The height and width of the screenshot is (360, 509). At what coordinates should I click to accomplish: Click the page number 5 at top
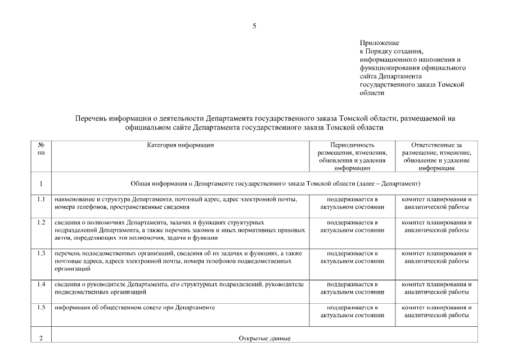[x=254, y=26]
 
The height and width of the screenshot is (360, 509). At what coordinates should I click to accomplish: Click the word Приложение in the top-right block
[x=379, y=43]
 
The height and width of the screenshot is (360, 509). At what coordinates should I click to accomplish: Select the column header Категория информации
[x=181, y=145]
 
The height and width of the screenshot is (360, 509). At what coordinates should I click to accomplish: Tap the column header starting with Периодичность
[x=352, y=156]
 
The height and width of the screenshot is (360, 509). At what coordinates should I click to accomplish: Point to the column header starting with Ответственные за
[x=436, y=156]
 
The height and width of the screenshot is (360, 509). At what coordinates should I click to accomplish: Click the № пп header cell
[x=40, y=148]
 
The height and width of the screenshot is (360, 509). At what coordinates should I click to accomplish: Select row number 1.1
[x=40, y=200]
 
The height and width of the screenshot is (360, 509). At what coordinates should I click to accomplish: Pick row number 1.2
[x=40, y=222]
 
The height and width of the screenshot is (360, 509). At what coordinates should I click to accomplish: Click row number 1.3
[x=40, y=253]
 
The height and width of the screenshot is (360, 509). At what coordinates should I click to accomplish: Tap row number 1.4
[x=40, y=284]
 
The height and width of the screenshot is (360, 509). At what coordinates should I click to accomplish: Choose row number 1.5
[x=40, y=308]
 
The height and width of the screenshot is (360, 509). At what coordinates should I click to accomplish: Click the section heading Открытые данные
[x=264, y=339]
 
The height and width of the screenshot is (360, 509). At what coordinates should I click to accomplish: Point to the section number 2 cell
[x=40, y=339]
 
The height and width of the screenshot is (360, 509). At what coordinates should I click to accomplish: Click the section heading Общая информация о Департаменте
[x=276, y=184]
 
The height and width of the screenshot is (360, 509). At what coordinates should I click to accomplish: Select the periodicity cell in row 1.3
[x=352, y=257]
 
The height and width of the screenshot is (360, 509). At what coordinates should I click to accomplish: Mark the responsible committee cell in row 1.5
[x=436, y=312]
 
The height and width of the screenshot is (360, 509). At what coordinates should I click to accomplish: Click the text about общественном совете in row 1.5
[x=135, y=308]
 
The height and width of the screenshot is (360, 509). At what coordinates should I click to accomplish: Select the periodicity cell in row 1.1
[x=352, y=203]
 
